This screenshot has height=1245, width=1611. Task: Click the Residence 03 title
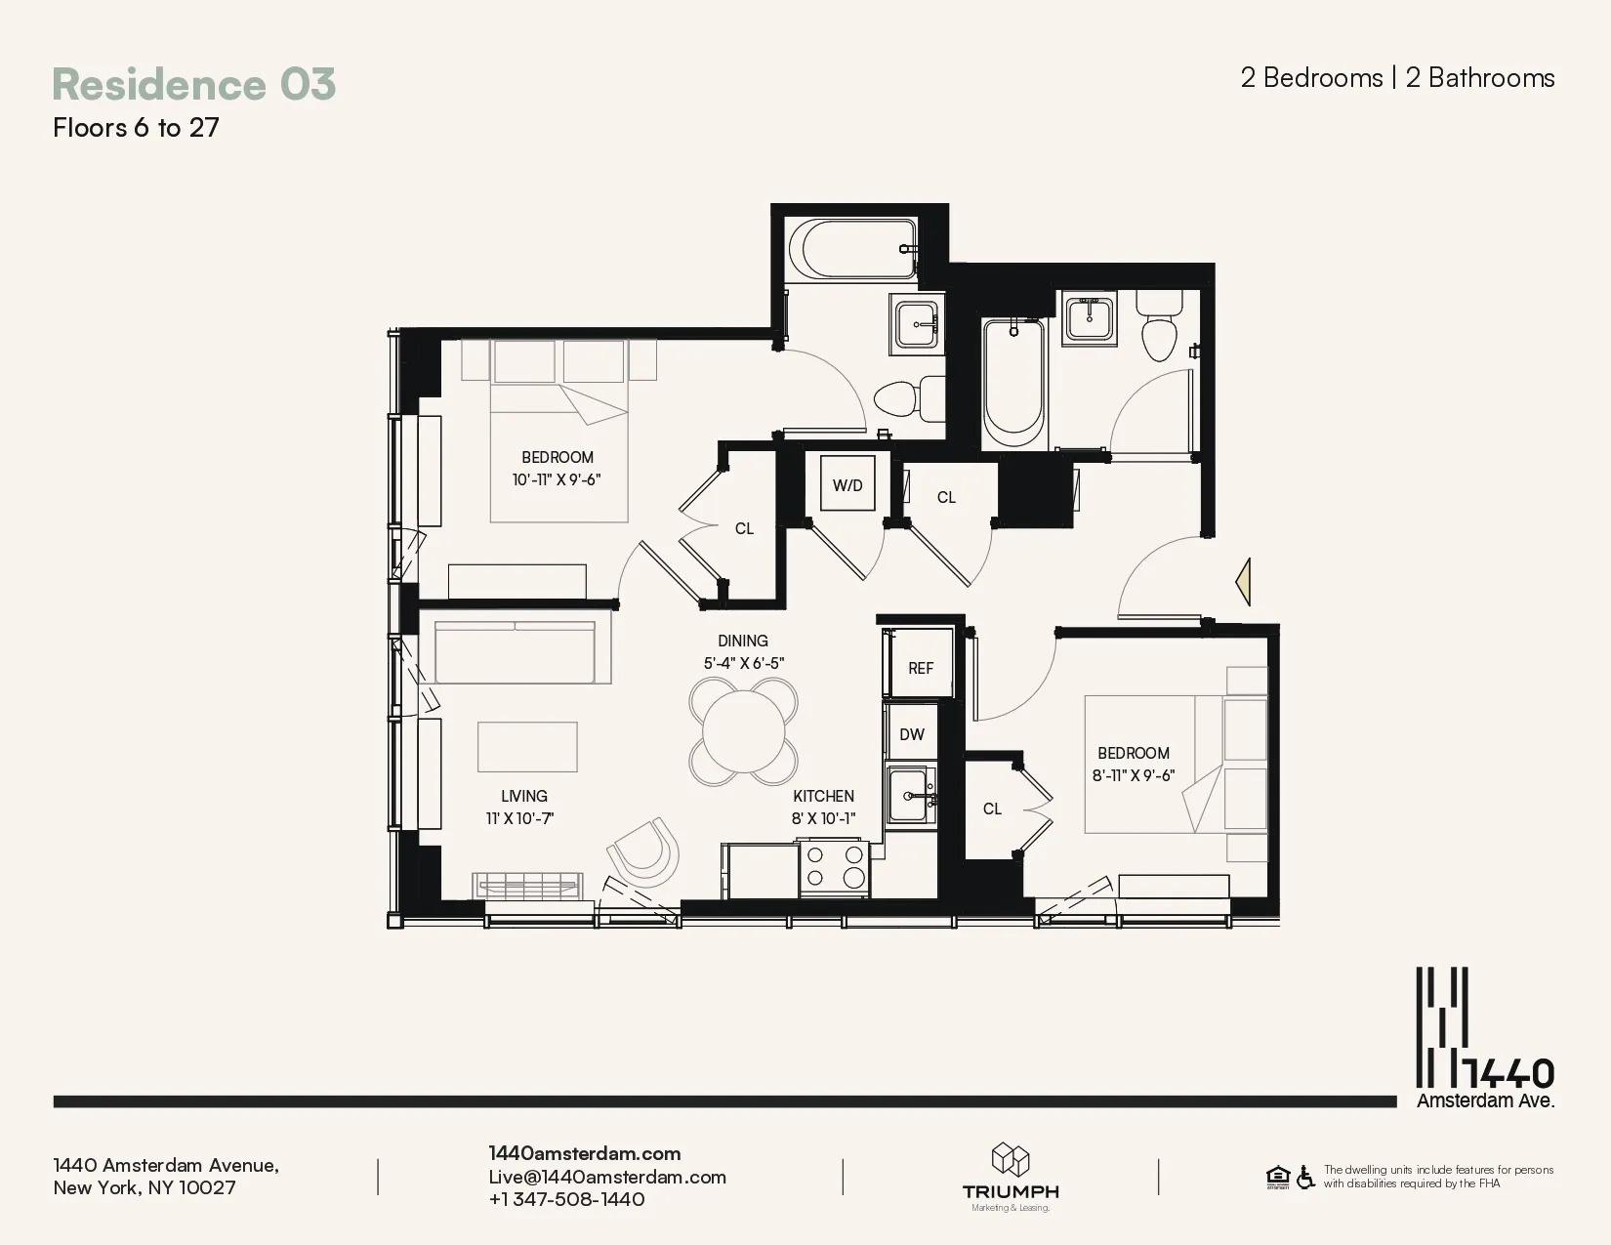(193, 84)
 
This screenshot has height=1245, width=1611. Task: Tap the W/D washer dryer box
(847, 484)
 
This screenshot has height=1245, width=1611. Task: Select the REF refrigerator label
(920, 668)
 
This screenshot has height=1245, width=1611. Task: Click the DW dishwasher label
(911, 734)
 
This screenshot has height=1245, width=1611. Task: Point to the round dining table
(743, 731)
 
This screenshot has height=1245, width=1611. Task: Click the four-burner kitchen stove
(834, 867)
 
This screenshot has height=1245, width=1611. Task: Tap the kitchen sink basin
(911, 796)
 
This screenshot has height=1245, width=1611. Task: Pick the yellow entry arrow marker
(1243, 582)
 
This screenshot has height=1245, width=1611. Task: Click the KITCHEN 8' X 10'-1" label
(823, 808)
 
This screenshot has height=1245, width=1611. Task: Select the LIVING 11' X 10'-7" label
(523, 808)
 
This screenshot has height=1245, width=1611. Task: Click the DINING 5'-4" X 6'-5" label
(743, 651)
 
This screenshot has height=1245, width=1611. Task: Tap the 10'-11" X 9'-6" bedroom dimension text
(557, 479)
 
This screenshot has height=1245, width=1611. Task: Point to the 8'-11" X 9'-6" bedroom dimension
(1133, 776)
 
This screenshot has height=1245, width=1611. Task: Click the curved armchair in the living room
(644, 851)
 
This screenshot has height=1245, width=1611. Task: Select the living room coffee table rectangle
(527, 747)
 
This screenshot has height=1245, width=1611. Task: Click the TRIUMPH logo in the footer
(1011, 1178)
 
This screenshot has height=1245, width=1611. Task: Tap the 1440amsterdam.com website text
(584, 1153)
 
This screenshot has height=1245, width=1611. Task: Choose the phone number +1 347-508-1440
(566, 1199)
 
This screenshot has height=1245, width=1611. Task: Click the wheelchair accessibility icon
(1305, 1177)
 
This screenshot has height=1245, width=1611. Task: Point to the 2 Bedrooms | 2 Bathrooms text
(1397, 78)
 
